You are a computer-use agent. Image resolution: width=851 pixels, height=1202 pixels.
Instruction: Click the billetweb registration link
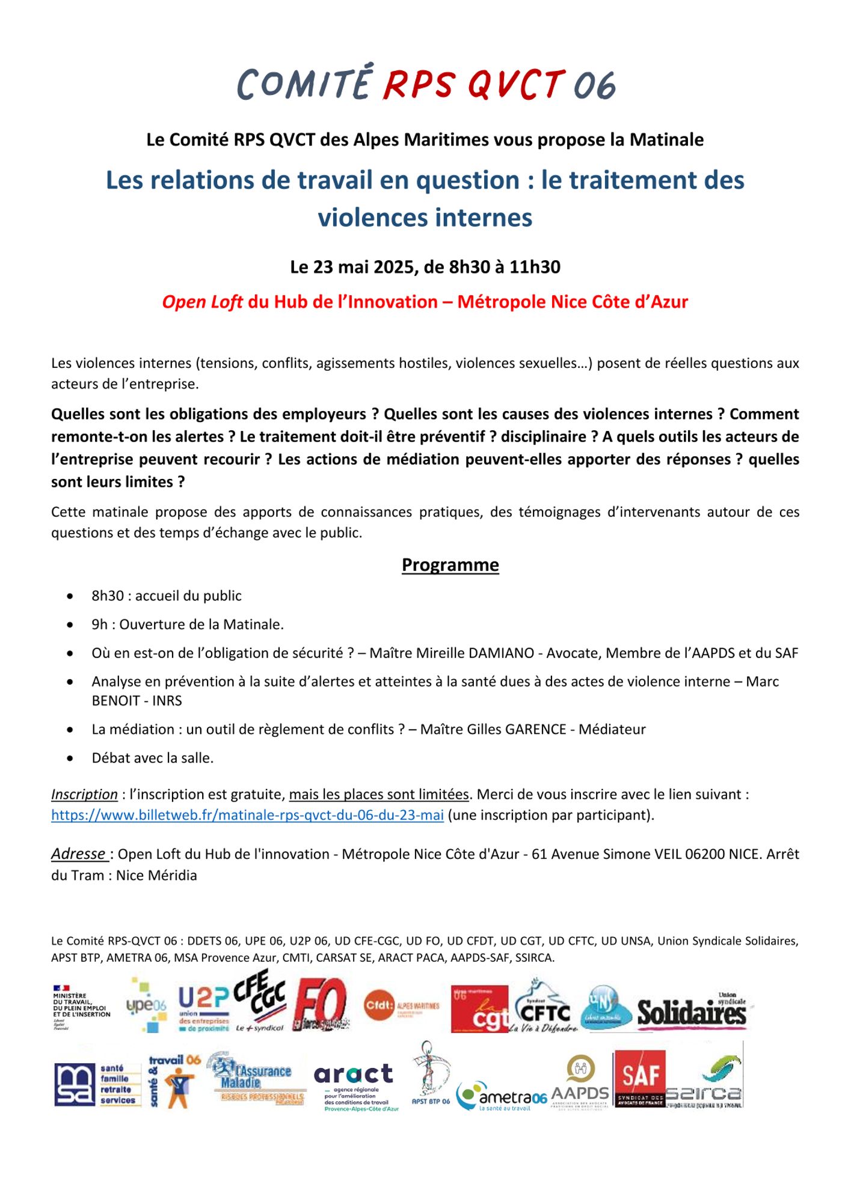pyautogui.click(x=247, y=815)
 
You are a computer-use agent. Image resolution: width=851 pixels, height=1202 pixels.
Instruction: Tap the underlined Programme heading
pyautogui.click(x=450, y=565)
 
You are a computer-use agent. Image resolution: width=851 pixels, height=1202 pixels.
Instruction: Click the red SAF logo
pyautogui.click(x=639, y=1078)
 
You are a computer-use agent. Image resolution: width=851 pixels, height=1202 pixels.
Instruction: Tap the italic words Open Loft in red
pyautogui.click(x=202, y=302)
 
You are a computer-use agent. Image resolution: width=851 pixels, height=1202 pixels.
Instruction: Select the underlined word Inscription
pyautogui.click(x=84, y=795)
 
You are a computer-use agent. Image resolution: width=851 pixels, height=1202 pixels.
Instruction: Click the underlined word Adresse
pyautogui.click(x=79, y=854)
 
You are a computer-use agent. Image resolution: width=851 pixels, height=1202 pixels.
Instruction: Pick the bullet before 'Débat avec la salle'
pyautogui.click(x=71, y=758)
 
